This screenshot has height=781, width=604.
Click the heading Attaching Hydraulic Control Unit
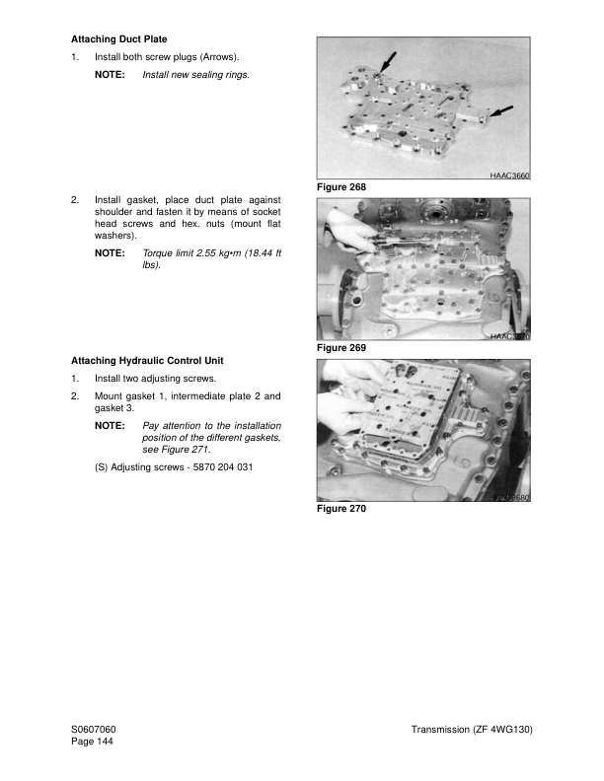point(147,361)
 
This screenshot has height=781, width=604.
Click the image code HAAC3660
point(509,174)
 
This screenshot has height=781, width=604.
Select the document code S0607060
point(94,729)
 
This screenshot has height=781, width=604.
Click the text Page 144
point(92,742)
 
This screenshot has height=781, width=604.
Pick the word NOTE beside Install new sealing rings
point(110,75)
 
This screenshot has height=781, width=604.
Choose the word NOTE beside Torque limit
point(110,253)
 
